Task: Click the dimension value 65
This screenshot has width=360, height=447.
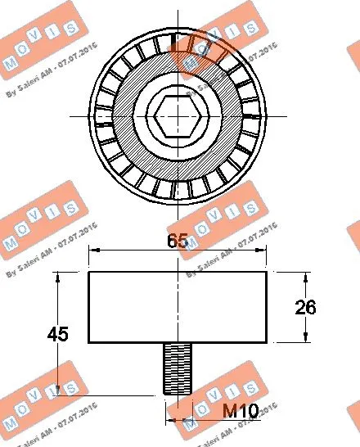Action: click(178, 241)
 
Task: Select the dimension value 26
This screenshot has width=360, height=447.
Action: click(305, 307)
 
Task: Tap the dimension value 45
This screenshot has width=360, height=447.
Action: click(57, 334)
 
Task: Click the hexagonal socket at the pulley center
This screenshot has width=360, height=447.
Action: click(178, 115)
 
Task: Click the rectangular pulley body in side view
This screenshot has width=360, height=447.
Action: click(178, 307)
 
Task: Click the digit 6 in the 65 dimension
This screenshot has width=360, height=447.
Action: click(172, 241)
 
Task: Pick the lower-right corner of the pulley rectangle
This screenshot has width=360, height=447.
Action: click(268, 343)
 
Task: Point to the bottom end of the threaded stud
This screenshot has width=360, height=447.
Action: click(178, 395)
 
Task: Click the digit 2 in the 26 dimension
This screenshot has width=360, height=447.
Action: click(299, 307)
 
